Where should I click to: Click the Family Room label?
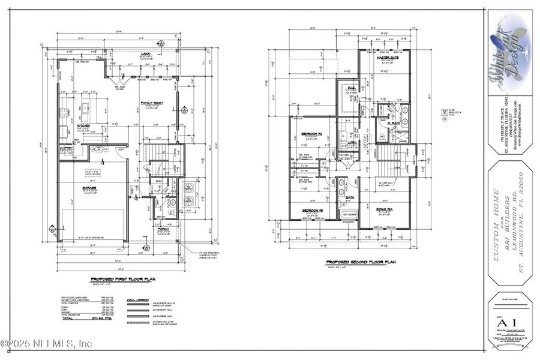[x=152, y=103]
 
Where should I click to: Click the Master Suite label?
[x=388, y=58]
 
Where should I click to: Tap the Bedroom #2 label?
[x=312, y=133]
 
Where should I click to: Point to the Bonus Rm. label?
[x=385, y=209]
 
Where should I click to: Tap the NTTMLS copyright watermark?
[x=47, y=344]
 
